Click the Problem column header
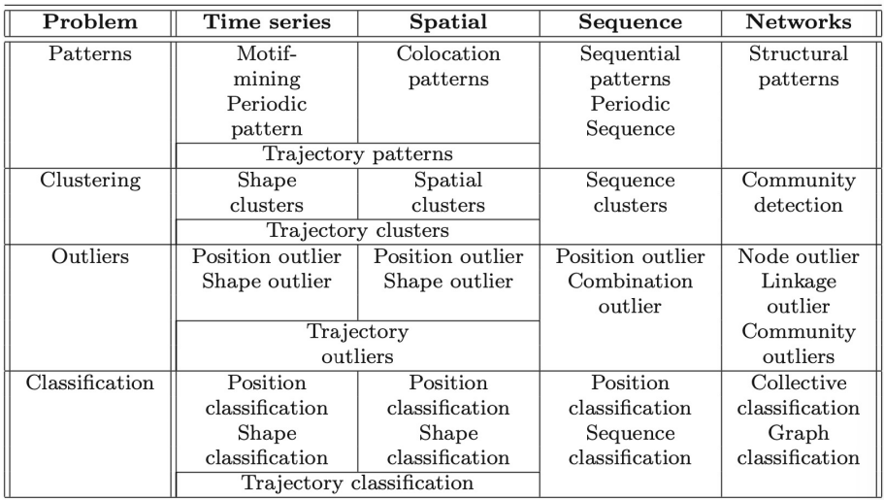pos(89,22)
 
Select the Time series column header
pos(267,22)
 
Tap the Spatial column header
pos(448,22)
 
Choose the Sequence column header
pos(631,22)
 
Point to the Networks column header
pos(799,22)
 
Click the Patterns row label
pos(89,53)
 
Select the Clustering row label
pos(89,181)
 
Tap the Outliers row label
pos(89,256)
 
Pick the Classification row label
pos(89,383)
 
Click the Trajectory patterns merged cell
pos(357,154)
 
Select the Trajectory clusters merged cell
pos(357,231)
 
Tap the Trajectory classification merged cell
pos(357,483)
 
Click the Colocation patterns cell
pos(448,66)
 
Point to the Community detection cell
pos(799,192)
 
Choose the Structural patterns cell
pos(799,66)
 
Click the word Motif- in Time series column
pos(267,53)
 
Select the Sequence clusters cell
pos(631,192)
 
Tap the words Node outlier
pos(799,256)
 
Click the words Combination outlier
pos(631,294)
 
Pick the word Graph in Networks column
pos(799,434)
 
